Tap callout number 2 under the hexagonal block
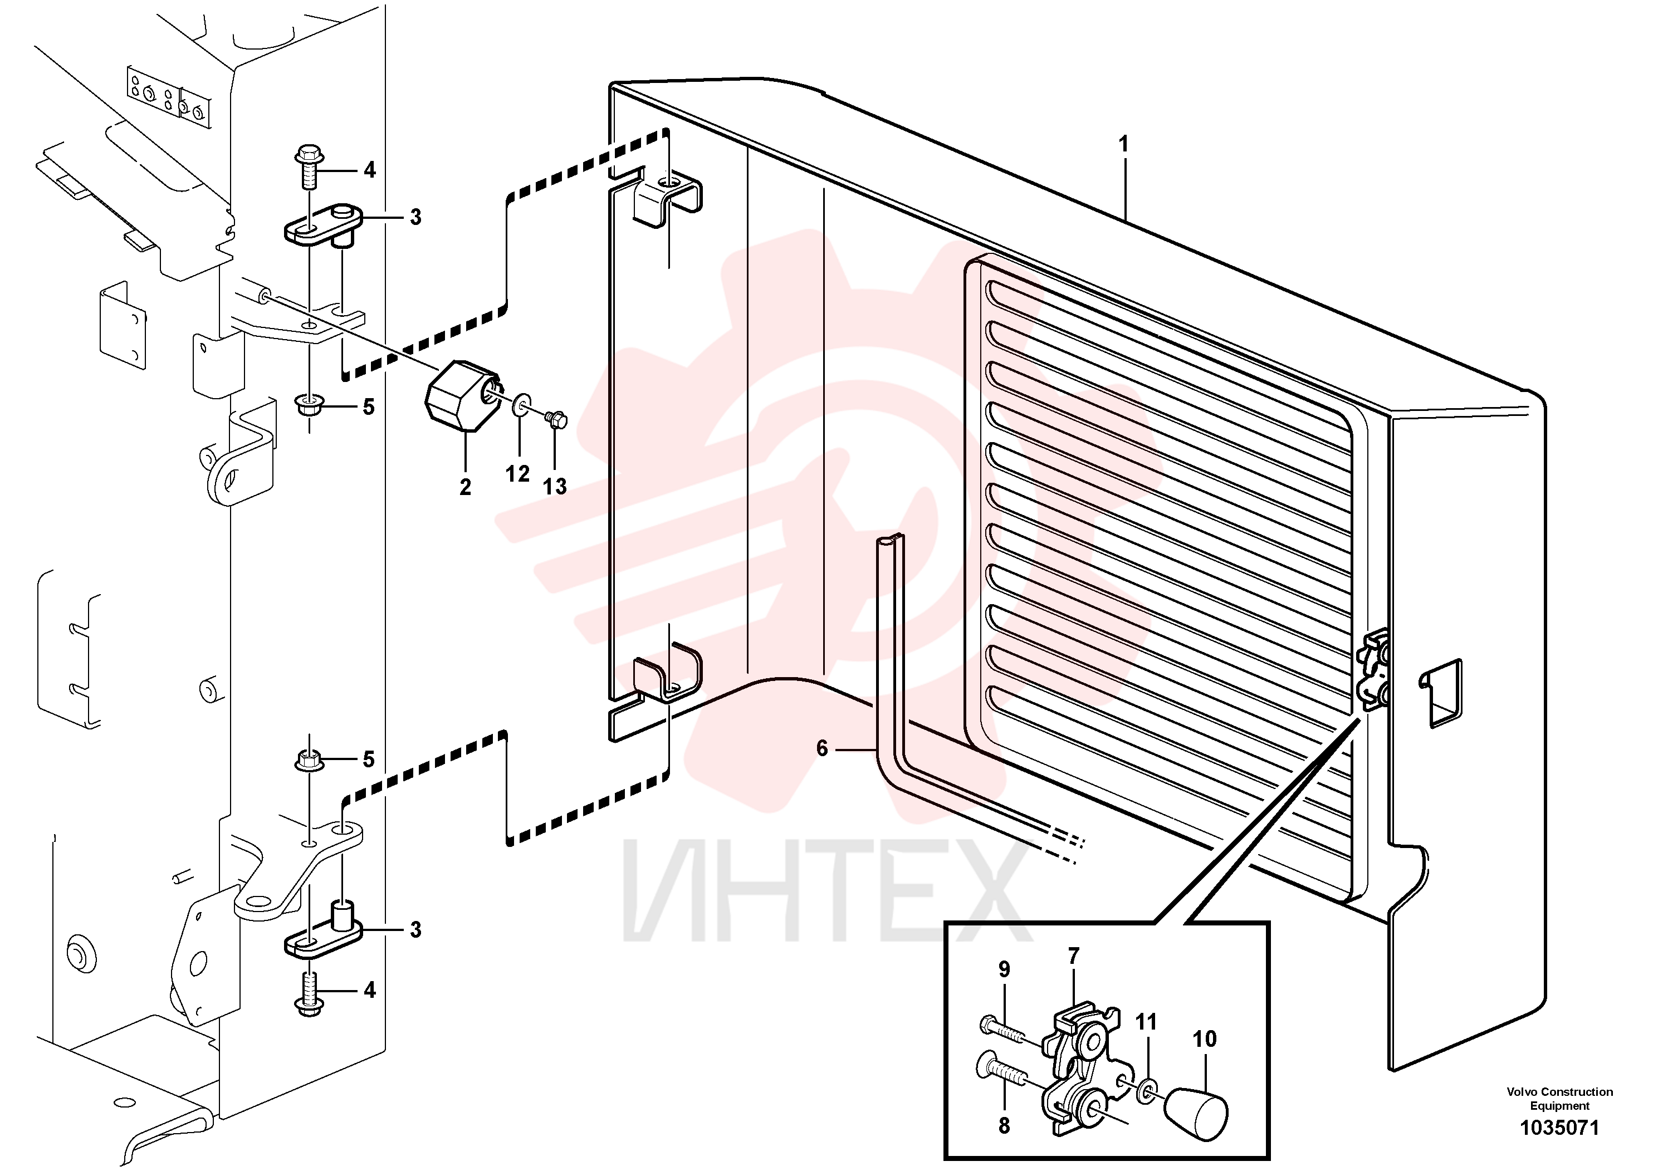(x=465, y=487)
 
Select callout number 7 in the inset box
(x=1073, y=956)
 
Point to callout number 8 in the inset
(x=1004, y=1125)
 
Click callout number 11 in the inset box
(x=1146, y=1022)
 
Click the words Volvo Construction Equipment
(x=1560, y=1099)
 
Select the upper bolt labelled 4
(x=309, y=168)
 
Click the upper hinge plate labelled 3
(x=321, y=226)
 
